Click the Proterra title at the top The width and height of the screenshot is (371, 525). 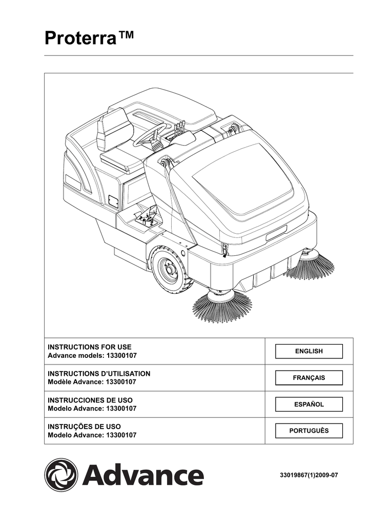90,38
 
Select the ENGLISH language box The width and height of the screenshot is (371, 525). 309,351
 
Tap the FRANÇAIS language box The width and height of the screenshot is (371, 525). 309,378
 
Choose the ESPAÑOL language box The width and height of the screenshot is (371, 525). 309,405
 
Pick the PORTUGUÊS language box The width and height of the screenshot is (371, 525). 309,431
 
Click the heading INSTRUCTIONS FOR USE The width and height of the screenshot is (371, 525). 90,347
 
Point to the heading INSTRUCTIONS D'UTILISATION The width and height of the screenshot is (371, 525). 99,374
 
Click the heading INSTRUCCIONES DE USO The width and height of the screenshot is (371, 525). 93,399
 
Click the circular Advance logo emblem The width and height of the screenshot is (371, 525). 61,475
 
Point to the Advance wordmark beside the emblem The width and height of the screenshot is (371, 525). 143,475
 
